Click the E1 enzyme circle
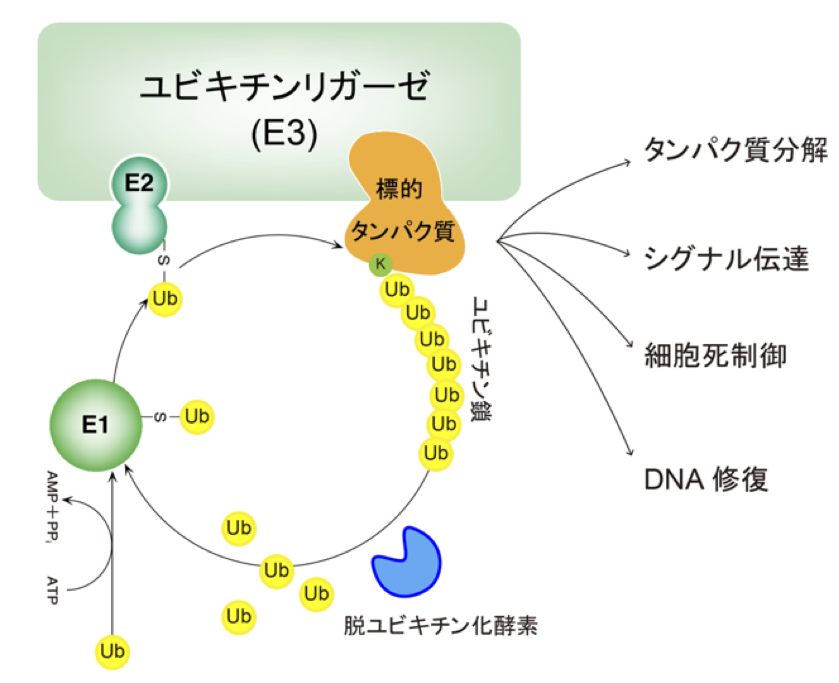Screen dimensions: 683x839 click(x=96, y=425)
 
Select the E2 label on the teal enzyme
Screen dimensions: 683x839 click(x=139, y=183)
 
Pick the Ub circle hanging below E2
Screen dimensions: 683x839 click(x=165, y=299)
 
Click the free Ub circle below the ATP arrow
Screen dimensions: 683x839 click(x=113, y=651)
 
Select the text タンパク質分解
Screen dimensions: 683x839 click(x=735, y=150)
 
